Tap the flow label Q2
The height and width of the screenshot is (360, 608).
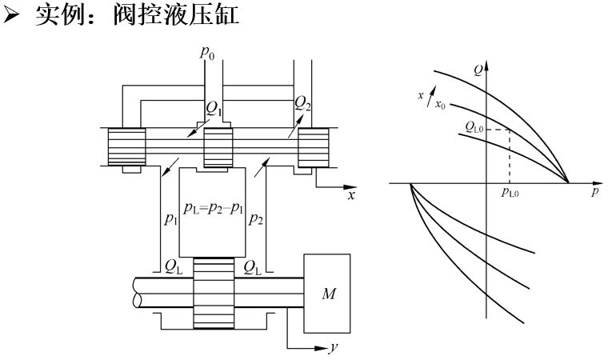click(303, 102)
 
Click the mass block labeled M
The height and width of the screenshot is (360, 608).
click(327, 294)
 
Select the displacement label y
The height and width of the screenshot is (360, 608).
click(330, 348)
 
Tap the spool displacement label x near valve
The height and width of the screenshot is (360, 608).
click(350, 195)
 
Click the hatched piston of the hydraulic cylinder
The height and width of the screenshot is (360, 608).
click(212, 292)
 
